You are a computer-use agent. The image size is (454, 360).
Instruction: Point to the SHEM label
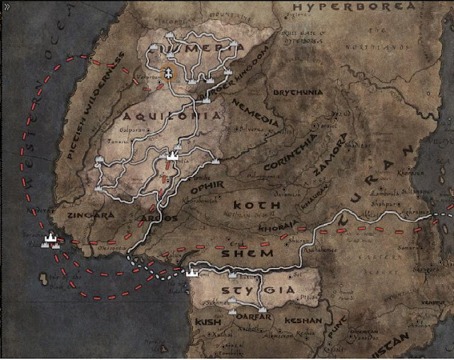(x=248, y=254)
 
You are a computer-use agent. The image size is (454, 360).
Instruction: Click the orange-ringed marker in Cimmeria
(x=169, y=72)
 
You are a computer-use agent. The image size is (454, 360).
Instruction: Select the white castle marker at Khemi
(x=192, y=270)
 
